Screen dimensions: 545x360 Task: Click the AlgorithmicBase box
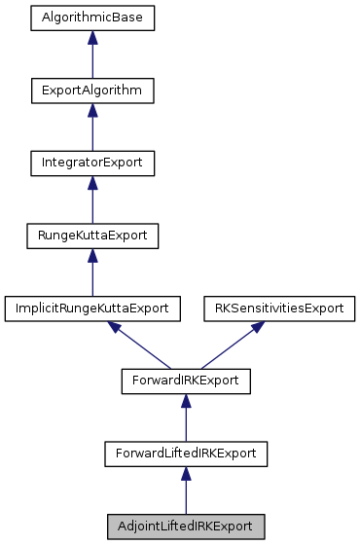point(92,18)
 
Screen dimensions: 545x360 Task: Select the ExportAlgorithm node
point(92,91)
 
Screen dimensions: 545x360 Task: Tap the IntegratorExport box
point(92,163)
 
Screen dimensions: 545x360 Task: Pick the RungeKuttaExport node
point(92,236)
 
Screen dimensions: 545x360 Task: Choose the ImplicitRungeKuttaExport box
point(92,308)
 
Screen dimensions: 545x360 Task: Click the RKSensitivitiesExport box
point(278,308)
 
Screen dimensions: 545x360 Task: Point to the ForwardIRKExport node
point(185,381)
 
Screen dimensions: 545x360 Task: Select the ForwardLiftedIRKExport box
point(185,453)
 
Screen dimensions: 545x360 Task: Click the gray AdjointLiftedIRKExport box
point(185,526)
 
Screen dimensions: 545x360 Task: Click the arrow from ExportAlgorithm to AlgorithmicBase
point(92,56)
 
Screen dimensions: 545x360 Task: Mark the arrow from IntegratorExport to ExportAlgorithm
point(92,128)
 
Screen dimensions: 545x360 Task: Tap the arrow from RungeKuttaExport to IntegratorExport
point(92,201)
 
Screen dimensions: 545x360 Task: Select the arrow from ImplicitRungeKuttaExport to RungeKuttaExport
point(92,273)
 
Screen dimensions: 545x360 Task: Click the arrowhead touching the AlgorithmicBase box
point(92,37)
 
